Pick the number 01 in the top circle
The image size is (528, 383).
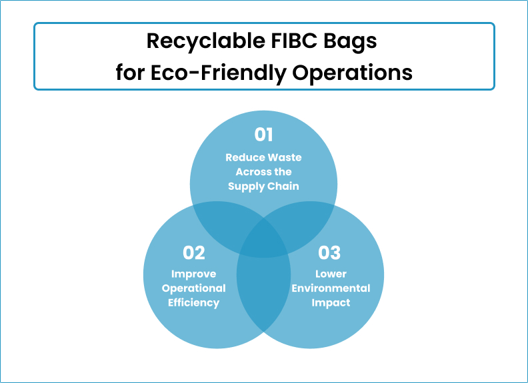(x=264, y=135)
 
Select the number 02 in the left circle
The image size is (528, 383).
(x=194, y=253)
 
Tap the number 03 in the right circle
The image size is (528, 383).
(x=329, y=253)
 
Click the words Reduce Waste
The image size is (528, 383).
(x=264, y=158)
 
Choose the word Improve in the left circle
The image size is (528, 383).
(x=194, y=274)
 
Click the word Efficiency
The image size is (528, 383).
(x=194, y=303)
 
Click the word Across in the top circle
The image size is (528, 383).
(x=249, y=172)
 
